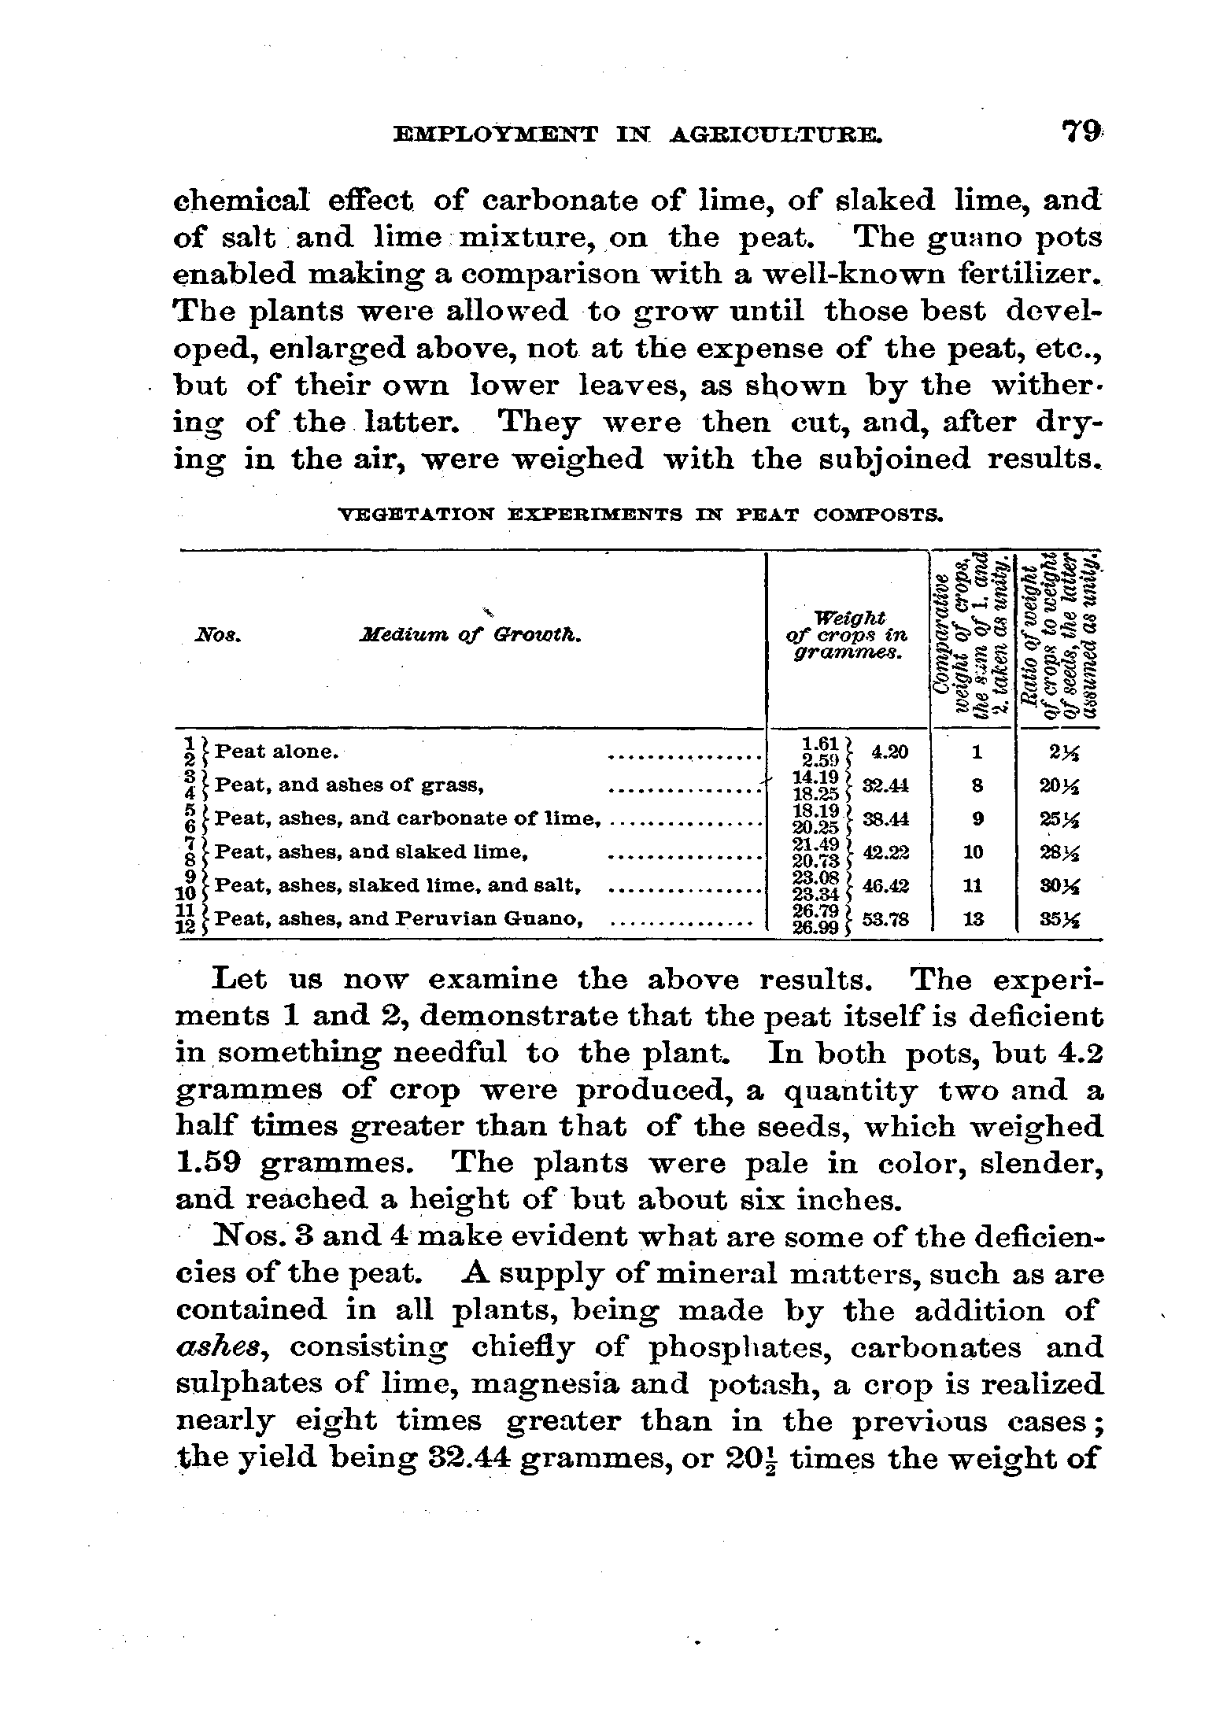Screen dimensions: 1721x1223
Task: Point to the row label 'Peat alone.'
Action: (x=276, y=752)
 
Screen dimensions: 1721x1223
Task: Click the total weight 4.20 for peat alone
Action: (x=890, y=752)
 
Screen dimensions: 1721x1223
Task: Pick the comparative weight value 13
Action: (x=976, y=918)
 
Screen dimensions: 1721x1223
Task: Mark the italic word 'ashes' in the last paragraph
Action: (x=223, y=1348)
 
